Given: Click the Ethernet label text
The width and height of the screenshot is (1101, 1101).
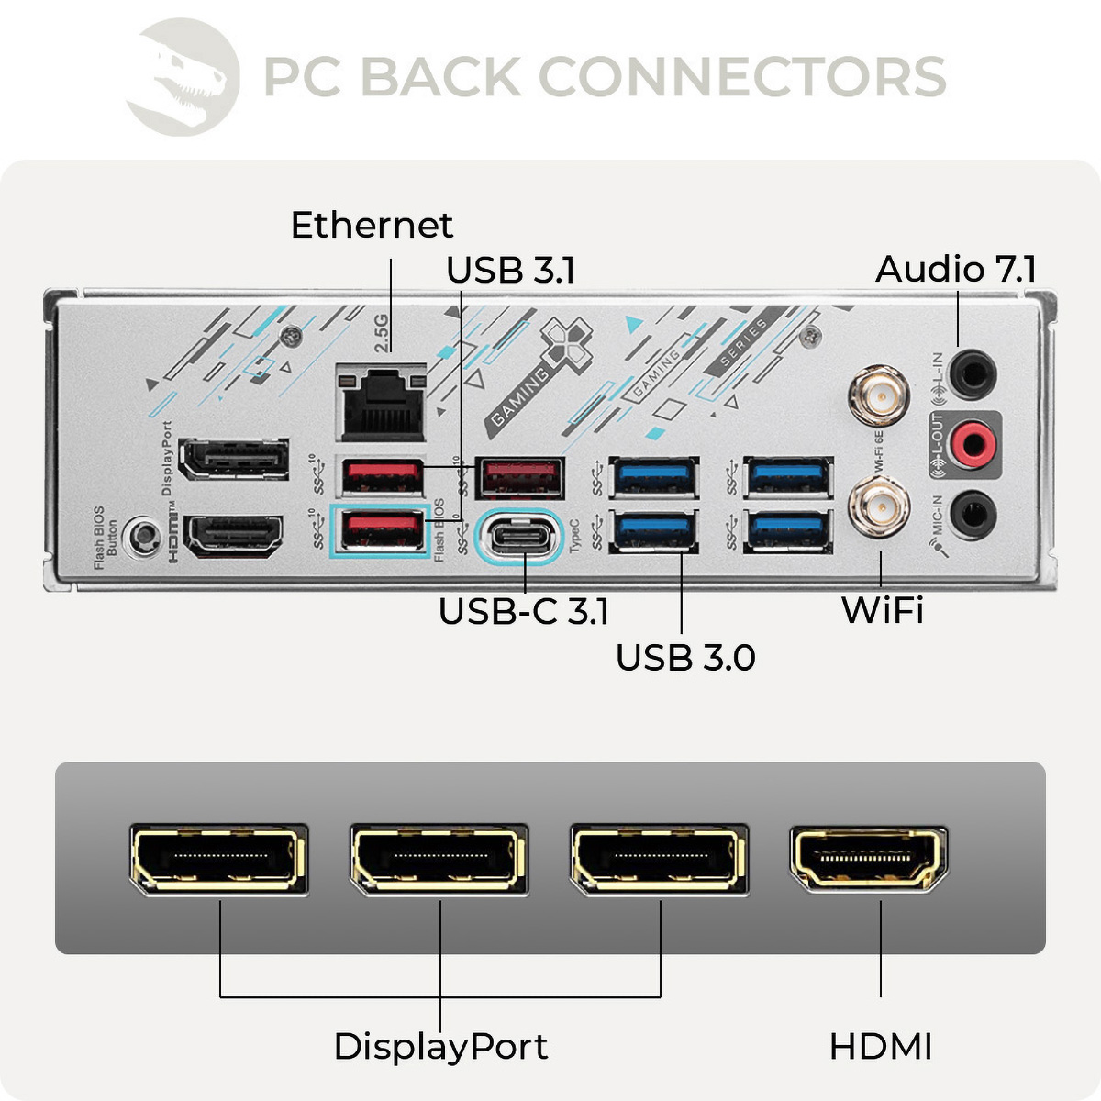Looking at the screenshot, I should coord(372,226).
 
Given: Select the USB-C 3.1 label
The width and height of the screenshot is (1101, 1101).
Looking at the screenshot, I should coord(523,612).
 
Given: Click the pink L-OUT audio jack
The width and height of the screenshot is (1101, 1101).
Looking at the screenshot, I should coord(972,444).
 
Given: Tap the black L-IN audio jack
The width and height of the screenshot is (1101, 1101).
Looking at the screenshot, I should coord(972,373).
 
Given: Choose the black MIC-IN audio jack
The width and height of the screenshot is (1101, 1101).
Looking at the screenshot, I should coord(972,514).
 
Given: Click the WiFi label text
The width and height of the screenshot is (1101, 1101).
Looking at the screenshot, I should coord(882,611).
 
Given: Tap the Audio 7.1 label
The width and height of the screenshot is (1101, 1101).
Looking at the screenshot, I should coord(956,270).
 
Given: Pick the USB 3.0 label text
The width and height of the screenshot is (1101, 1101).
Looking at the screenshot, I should coord(685,658).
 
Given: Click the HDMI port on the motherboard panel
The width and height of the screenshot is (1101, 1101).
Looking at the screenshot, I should coord(233,536).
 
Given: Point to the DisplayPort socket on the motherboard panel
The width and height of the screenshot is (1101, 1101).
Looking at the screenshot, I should coord(233,459).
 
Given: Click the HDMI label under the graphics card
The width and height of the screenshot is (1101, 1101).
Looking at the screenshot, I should coord(880,1047).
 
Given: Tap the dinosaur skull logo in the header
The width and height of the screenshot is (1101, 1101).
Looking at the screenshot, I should coord(183,77).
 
